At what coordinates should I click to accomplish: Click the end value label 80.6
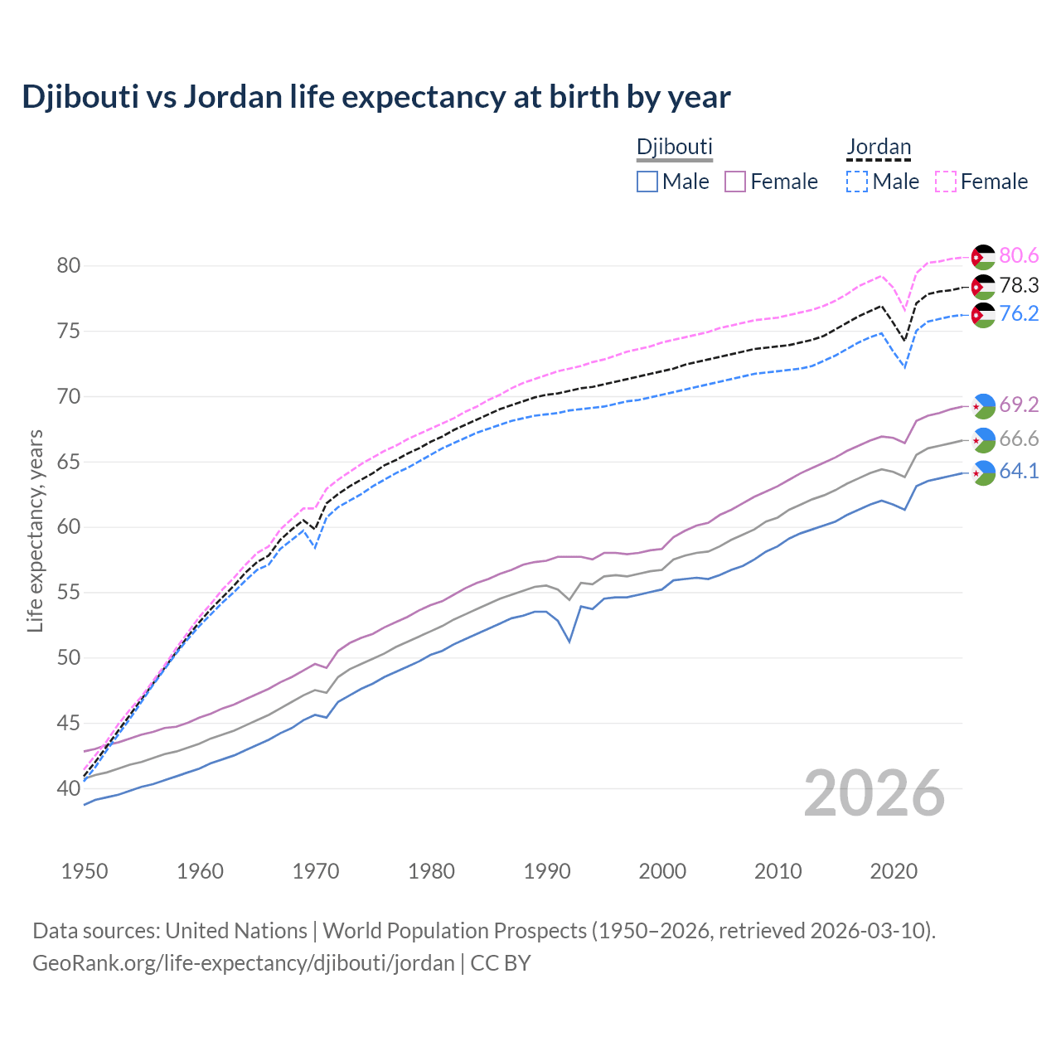pyautogui.click(x=1019, y=255)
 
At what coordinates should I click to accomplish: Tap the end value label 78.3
pyautogui.click(x=1019, y=286)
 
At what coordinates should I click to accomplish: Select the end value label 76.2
pyautogui.click(x=1019, y=313)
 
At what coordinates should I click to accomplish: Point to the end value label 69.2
pyautogui.click(x=1019, y=405)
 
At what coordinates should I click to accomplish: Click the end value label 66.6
pyautogui.click(x=1019, y=438)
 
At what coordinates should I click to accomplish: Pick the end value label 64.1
pyautogui.click(x=1019, y=472)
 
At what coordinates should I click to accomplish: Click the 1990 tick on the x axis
pyautogui.click(x=547, y=871)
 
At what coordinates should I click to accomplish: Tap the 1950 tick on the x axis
pyautogui.click(x=85, y=871)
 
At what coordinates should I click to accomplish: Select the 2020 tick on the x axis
pyautogui.click(x=894, y=871)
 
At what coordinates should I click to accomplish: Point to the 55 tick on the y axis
pyautogui.click(x=68, y=593)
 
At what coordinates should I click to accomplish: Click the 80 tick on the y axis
pyautogui.click(x=68, y=266)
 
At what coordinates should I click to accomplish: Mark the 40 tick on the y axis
pyautogui.click(x=68, y=788)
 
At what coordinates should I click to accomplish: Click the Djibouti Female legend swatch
pyautogui.click(x=736, y=182)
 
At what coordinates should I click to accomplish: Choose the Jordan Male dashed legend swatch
pyautogui.click(x=857, y=182)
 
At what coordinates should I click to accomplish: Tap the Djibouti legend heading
pyautogui.click(x=674, y=147)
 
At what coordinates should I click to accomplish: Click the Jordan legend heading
pyautogui.click(x=879, y=147)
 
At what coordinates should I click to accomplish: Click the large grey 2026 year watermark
pyautogui.click(x=874, y=793)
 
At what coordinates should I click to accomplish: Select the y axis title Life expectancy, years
pyautogui.click(x=35, y=530)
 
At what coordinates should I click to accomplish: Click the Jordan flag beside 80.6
pyautogui.click(x=983, y=257)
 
